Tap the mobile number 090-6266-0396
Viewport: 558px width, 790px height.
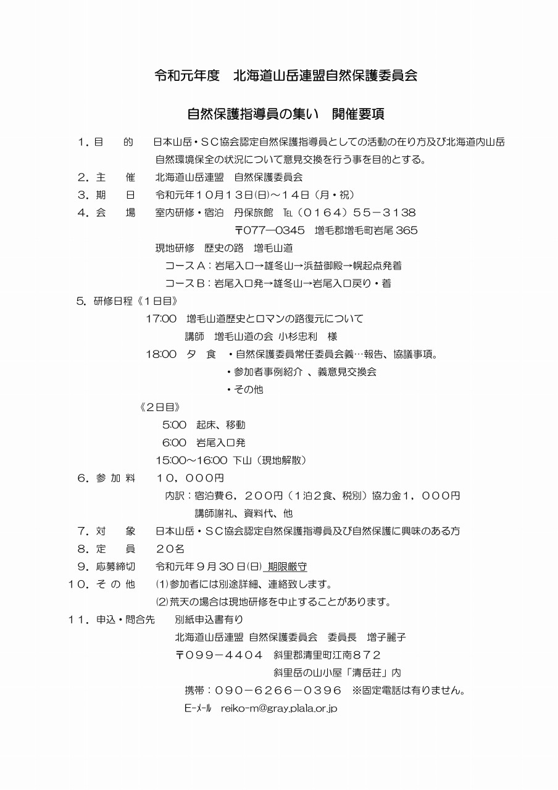tap(288, 690)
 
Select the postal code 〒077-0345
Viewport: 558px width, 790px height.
tap(270, 231)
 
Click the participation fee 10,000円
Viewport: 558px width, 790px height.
tap(190, 478)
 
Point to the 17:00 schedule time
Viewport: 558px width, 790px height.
tap(161, 319)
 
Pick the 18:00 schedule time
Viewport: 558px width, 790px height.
tap(161, 354)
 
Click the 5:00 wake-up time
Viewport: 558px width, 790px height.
tap(174, 425)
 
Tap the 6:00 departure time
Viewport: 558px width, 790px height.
tap(174, 443)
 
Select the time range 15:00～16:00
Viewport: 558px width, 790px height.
tap(191, 460)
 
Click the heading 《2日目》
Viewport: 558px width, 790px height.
tap(160, 407)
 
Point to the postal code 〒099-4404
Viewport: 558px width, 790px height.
tap(220, 655)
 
